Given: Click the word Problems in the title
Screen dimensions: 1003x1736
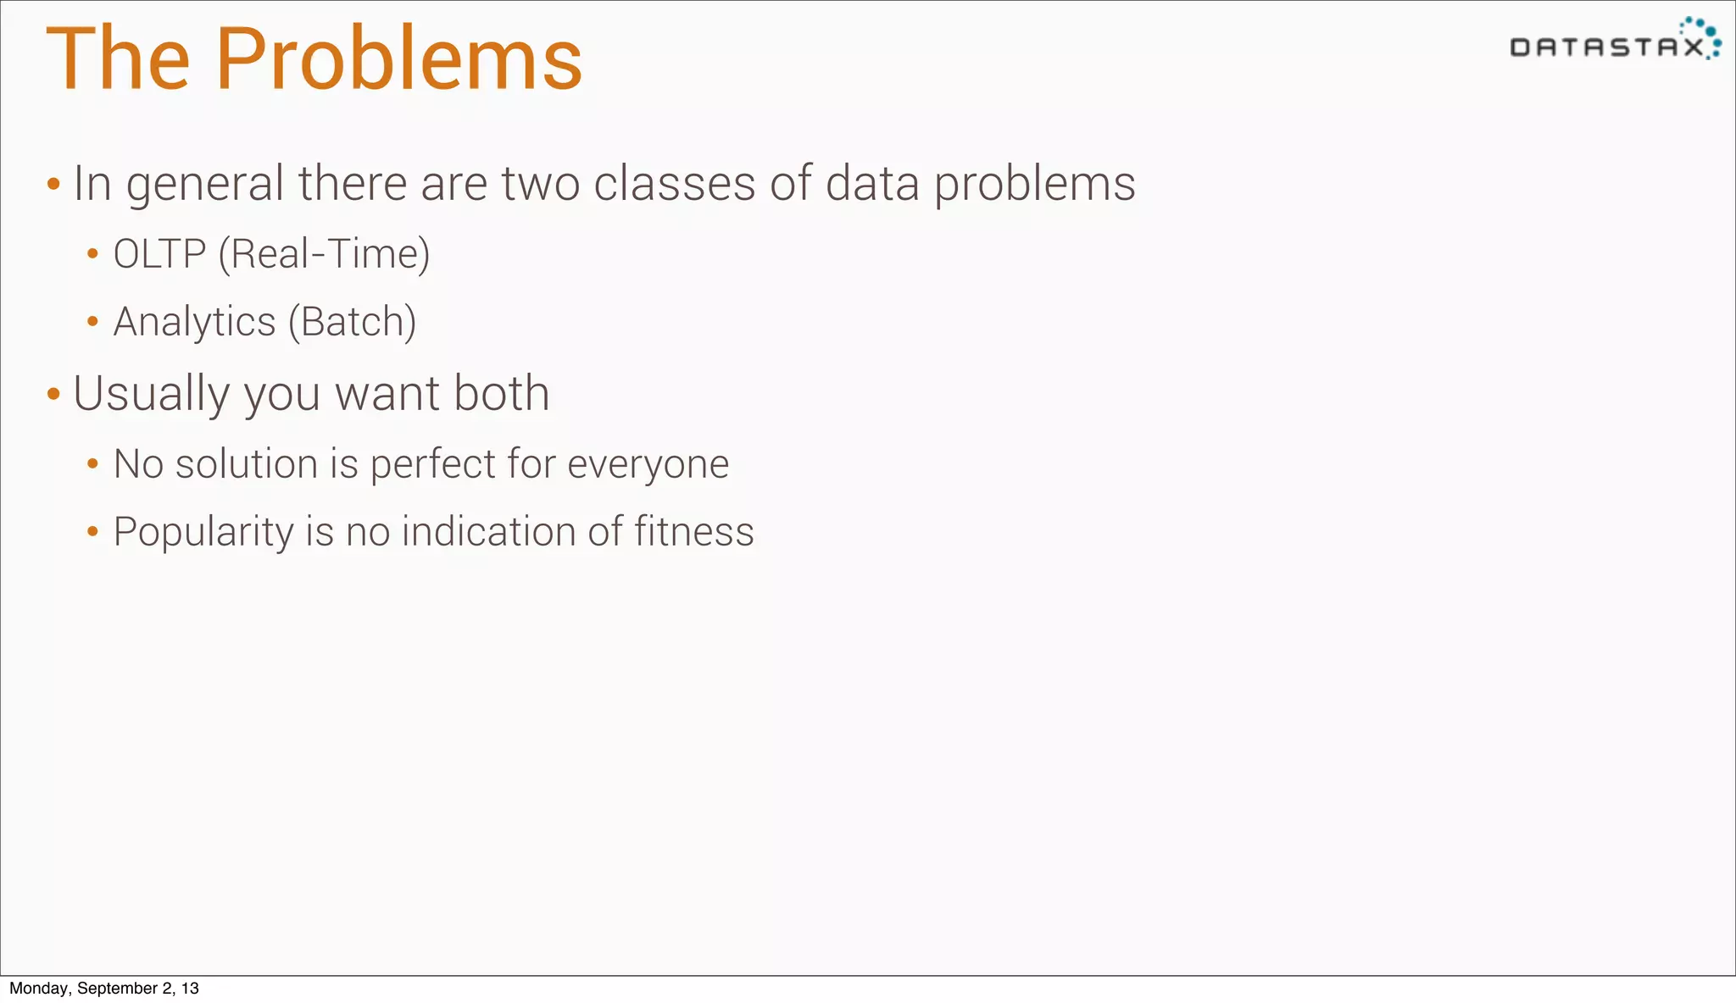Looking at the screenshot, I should [398, 59].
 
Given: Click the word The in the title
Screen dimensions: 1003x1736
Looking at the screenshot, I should [118, 59].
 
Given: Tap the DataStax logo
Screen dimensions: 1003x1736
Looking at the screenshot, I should [1615, 41].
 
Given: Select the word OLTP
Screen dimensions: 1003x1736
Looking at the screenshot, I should [159, 254].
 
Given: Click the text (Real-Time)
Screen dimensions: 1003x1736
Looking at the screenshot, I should [324, 254].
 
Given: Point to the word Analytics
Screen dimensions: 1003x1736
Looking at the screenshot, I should [195, 323].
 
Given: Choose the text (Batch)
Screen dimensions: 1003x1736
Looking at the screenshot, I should [352, 322].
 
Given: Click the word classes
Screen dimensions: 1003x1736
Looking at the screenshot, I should [674, 184].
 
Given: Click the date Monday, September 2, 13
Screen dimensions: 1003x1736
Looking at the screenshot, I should [104, 989].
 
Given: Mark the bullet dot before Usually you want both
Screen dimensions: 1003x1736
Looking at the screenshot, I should [53, 394].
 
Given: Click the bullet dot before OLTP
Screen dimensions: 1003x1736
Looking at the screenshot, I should [93, 253].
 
